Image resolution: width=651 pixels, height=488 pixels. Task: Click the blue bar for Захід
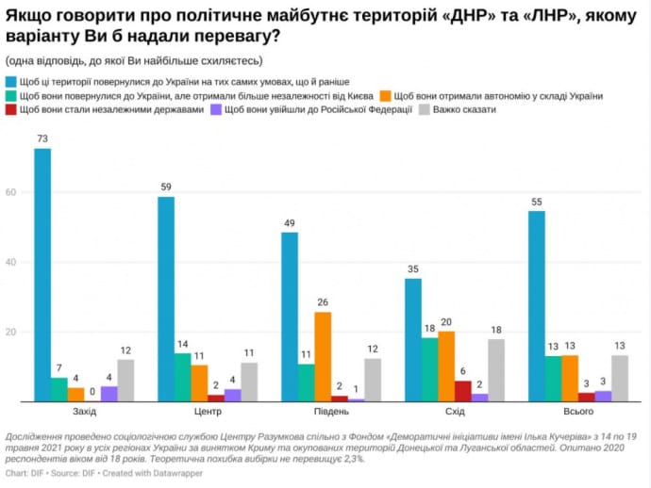42,275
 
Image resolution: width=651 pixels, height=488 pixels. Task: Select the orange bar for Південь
323,357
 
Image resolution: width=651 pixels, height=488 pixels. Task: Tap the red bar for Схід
462,391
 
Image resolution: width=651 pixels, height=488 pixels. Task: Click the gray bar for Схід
495,370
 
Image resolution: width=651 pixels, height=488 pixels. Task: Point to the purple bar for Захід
108,394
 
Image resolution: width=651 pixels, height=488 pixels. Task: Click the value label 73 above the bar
42,139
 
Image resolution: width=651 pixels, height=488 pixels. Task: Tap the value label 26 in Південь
323,302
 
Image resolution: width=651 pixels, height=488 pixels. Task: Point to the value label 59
166,187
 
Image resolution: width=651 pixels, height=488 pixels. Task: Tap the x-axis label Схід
454,414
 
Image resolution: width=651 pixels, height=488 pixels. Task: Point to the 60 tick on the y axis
13,192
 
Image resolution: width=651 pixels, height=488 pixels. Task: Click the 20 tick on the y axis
13,333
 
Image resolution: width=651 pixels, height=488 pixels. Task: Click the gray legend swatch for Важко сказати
425,109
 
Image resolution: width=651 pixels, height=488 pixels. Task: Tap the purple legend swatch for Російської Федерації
216,109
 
